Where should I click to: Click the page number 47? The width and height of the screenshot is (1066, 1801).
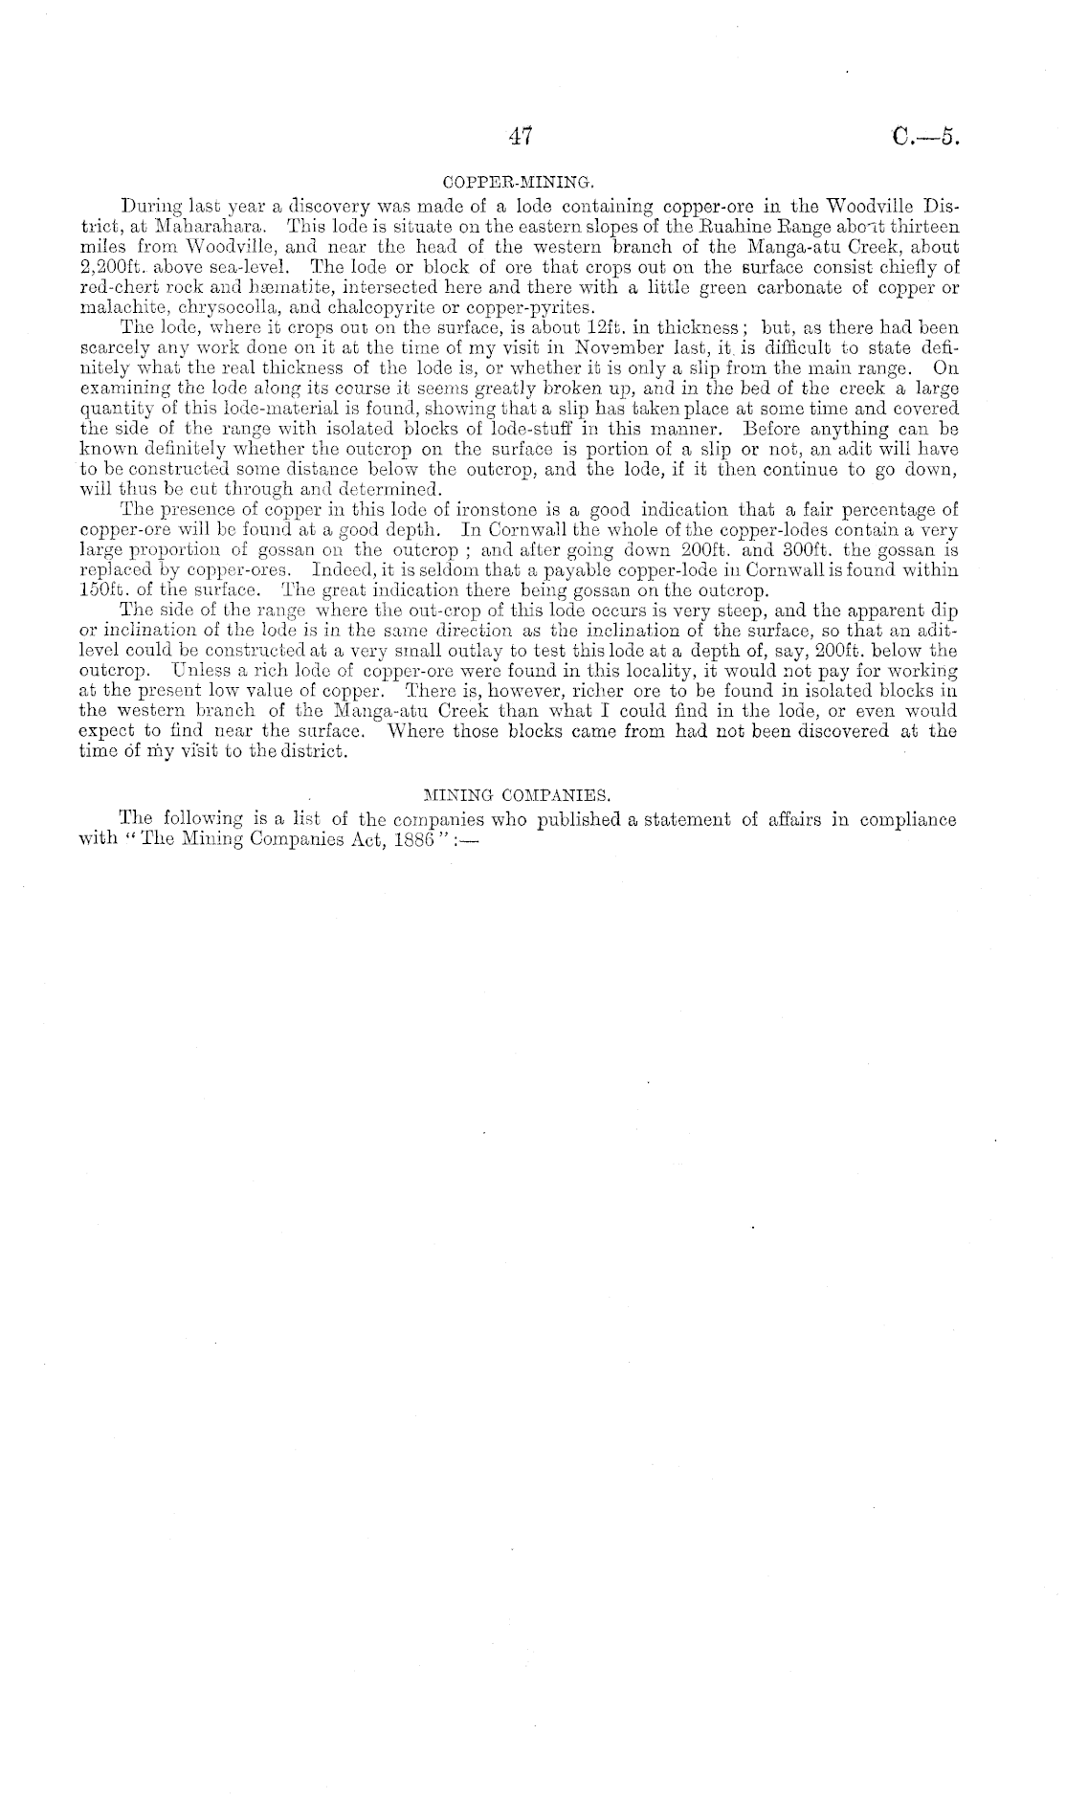point(521,137)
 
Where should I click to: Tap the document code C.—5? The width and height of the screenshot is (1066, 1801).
point(923,137)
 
